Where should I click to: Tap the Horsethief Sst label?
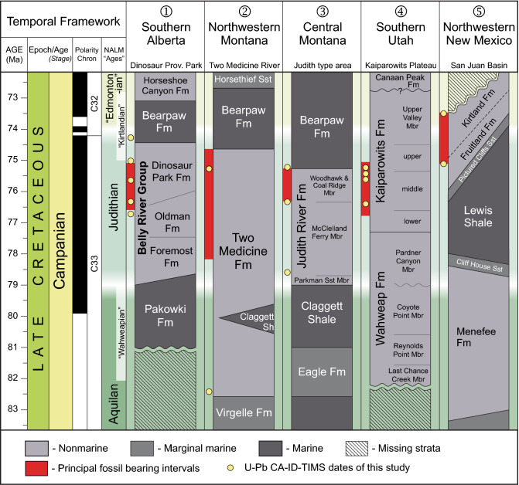pos(244,79)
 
